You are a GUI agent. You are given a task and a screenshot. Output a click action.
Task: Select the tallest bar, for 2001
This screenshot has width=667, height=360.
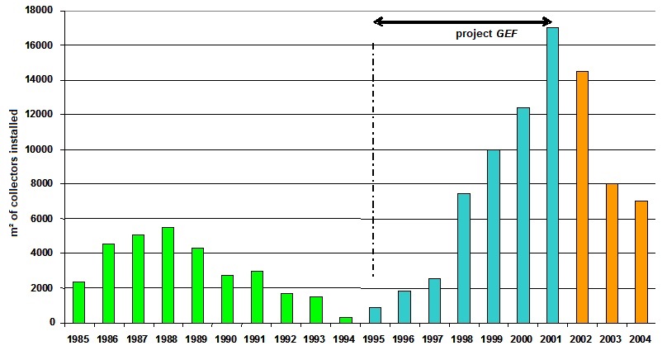(x=552, y=174)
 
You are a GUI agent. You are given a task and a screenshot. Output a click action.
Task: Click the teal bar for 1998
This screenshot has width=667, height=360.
(x=463, y=258)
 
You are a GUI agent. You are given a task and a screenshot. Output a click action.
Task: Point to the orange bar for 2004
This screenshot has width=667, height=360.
(x=641, y=261)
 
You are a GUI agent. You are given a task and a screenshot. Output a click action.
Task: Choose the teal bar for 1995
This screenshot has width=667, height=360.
(x=375, y=315)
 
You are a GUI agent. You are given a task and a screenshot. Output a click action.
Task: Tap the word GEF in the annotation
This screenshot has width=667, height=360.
(x=505, y=35)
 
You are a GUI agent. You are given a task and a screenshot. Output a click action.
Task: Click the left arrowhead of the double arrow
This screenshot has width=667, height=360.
(x=378, y=21)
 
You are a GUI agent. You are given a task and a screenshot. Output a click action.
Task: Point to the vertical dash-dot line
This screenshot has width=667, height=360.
(x=373, y=165)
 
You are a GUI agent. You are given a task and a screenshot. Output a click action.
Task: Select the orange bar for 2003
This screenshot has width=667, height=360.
(x=612, y=253)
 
